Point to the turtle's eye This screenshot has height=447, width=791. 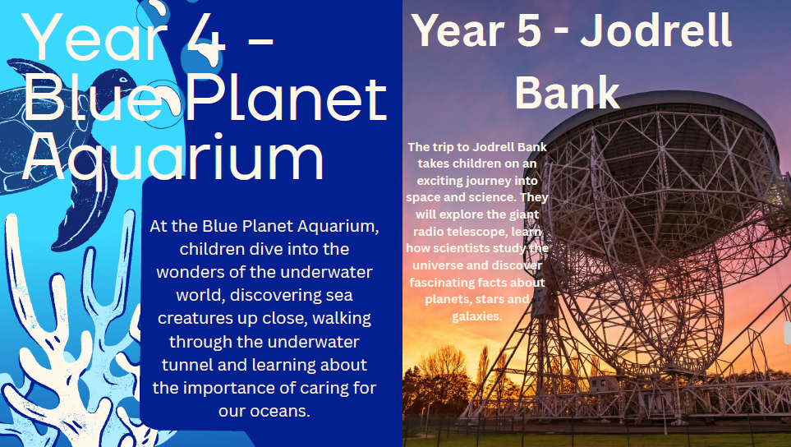tap(122, 79)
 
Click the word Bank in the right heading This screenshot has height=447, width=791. tap(568, 93)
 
